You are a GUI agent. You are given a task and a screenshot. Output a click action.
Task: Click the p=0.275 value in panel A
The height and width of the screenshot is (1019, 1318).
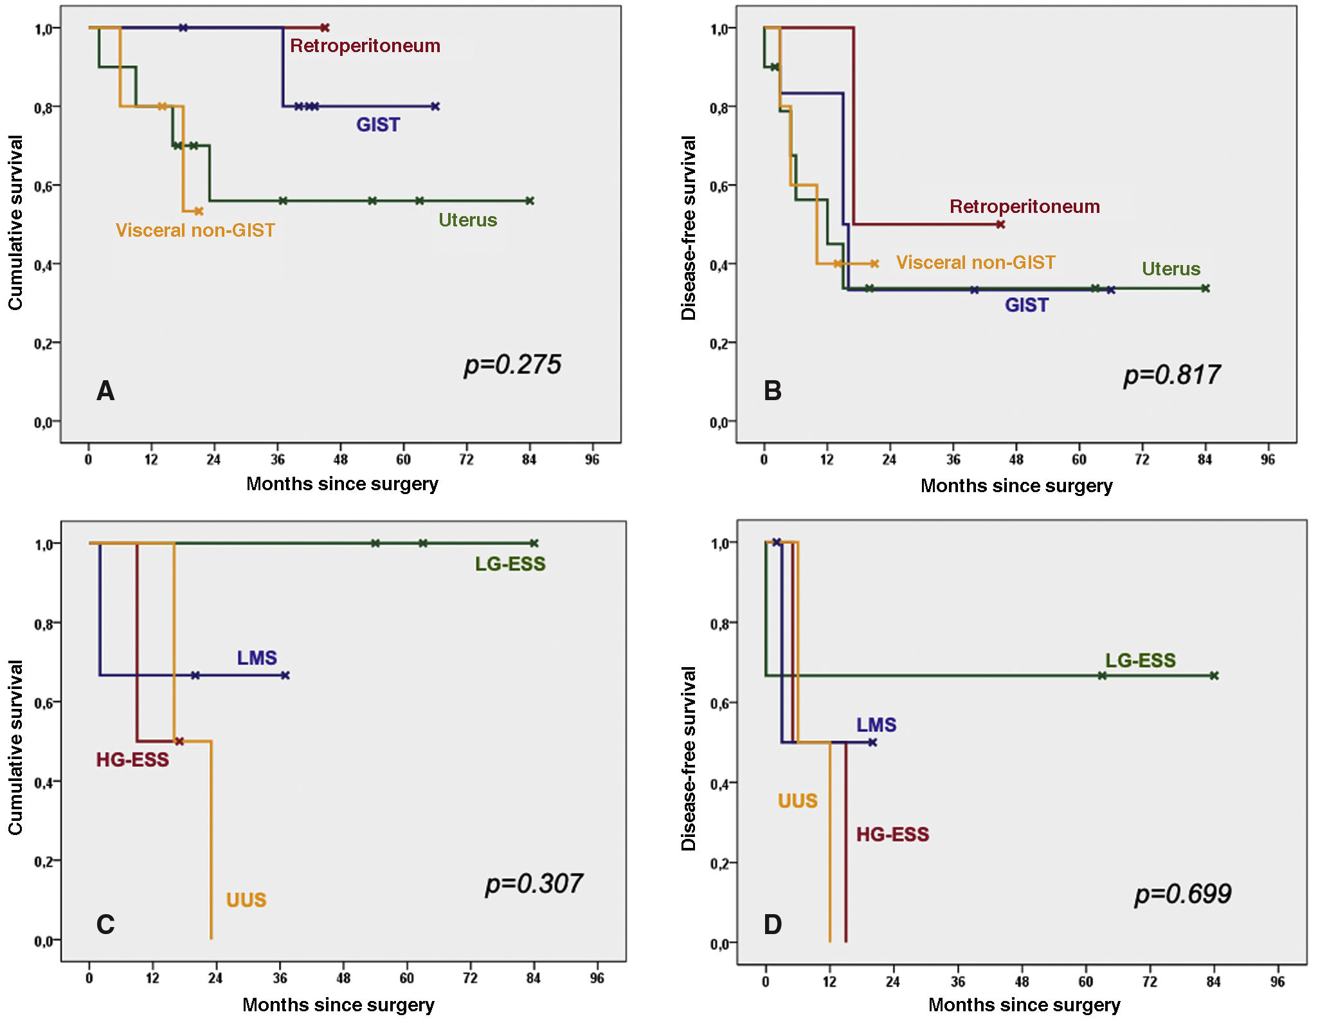point(512,365)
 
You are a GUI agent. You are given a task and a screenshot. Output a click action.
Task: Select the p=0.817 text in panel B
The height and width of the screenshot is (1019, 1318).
point(1171,375)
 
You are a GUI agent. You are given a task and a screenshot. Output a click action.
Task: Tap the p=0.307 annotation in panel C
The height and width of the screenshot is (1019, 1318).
point(534,884)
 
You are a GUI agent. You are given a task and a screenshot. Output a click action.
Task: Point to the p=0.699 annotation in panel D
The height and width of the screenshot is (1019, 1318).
point(1182,894)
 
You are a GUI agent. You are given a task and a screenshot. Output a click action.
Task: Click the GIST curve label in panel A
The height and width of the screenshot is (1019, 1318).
point(378,125)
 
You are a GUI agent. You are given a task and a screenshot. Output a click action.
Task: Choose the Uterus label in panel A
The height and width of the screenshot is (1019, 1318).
point(467,220)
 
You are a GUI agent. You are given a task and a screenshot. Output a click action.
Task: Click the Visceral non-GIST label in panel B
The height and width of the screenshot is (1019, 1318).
point(975,262)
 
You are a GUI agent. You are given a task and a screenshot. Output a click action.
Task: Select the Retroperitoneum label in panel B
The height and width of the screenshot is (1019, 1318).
point(1024,207)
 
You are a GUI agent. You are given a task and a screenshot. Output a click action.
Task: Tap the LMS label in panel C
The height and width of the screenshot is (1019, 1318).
point(257,657)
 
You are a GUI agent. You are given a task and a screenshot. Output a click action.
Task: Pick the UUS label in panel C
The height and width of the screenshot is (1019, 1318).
point(246,899)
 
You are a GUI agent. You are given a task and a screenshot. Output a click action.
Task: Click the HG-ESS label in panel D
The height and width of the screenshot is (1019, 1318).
point(892,834)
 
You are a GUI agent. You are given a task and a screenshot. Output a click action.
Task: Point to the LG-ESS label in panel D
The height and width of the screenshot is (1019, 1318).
point(1140,660)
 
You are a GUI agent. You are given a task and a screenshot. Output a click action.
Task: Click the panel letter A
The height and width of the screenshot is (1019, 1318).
point(105,391)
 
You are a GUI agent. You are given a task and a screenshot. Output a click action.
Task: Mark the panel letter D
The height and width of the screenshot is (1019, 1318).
point(772,924)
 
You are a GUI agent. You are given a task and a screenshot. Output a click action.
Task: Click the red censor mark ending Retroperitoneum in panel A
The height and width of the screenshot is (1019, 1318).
point(325,28)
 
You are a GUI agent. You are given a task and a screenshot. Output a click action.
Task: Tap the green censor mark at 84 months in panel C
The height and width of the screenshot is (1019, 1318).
point(534,544)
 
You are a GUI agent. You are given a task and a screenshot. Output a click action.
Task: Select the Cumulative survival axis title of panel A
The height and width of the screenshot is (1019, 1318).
point(15,223)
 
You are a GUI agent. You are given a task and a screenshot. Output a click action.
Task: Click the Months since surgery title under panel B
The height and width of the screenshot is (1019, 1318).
point(1016,486)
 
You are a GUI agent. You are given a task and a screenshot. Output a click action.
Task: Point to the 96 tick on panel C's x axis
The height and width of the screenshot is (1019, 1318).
point(597,978)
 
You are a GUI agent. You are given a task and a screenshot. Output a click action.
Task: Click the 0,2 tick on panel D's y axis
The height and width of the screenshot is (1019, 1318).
point(719,864)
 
